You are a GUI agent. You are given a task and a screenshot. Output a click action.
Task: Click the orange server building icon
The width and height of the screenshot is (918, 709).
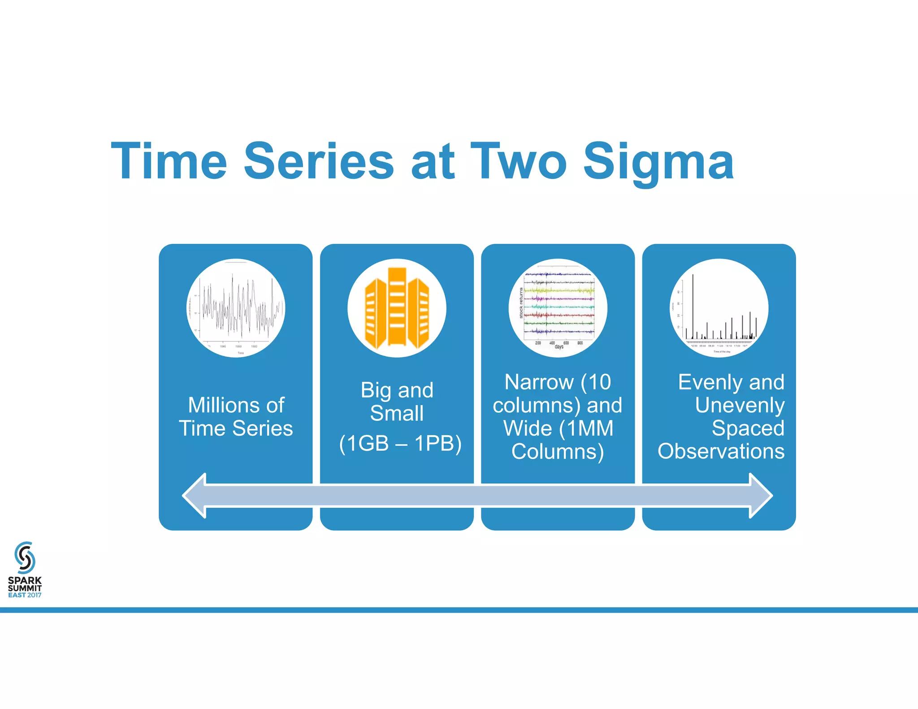[397, 308]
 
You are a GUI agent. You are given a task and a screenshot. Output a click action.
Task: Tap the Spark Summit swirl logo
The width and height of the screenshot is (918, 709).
[25, 558]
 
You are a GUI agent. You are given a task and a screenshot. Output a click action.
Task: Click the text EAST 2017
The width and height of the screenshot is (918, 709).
[25, 595]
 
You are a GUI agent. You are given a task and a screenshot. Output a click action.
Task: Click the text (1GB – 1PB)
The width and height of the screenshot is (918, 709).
[400, 443]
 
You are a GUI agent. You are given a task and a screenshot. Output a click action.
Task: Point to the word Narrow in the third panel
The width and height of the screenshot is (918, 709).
[539, 382]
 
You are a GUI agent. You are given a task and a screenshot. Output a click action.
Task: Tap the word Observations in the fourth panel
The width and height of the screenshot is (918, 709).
[721, 451]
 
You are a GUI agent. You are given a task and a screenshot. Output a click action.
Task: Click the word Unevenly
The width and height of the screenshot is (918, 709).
[740, 405]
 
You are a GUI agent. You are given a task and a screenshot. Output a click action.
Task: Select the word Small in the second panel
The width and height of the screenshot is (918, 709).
[397, 413]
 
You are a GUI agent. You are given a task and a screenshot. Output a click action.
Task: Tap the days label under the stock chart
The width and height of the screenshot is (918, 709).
[559, 347]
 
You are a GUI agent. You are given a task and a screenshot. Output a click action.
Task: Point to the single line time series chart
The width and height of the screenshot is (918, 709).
[236, 308]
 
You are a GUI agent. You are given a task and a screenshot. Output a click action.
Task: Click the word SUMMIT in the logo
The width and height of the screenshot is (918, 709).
[25, 588]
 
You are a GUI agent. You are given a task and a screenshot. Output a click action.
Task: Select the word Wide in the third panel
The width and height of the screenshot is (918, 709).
[527, 428]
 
